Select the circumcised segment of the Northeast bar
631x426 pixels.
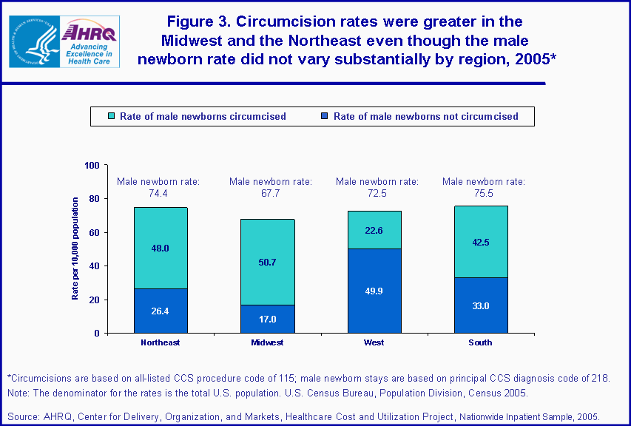pos(161,248)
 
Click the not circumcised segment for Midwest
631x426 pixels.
pos(267,319)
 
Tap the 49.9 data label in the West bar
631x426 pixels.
pos(374,291)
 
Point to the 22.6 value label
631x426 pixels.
pos(374,230)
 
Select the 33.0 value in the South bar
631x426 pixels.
pos(480,305)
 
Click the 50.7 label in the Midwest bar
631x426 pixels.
pos(267,262)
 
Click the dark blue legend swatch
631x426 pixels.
pos(324,116)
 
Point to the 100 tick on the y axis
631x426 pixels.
pos(92,165)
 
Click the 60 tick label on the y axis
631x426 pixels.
pos(94,232)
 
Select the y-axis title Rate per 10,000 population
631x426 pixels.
pos(75,249)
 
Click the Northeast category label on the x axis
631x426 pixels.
pos(161,342)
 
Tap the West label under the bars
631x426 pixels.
pos(374,342)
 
